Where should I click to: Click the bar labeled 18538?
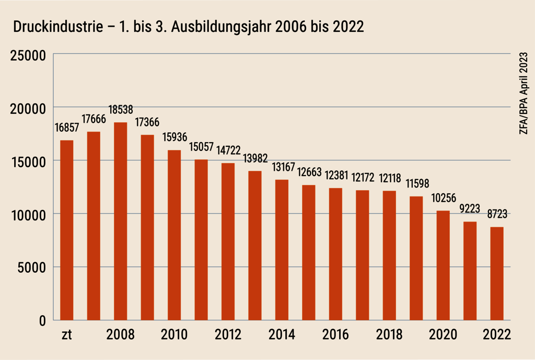click(120, 221)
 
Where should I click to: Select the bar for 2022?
click(496, 273)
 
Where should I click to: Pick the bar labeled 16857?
click(66, 230)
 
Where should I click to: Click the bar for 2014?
click(282, 250)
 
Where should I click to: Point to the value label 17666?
click(94, 120)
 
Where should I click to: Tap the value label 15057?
click(201, 147)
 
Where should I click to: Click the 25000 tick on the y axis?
click(28, 54)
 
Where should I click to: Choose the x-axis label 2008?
click(120, 335)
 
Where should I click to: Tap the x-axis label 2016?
click(335, 335)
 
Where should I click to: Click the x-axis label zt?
click(66, 335)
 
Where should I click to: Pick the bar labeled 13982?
click(255, 245)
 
